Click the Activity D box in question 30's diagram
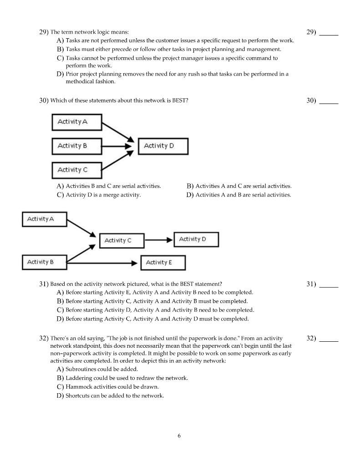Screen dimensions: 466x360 [x=163, y=146]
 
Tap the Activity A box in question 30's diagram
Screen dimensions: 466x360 [x=76, y=122]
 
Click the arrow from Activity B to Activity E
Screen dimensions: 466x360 [x=102, y=263]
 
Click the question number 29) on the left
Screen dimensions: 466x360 [x=44, y=32]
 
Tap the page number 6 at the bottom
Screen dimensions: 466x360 [x=179, y=436]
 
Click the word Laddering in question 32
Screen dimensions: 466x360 [x=78, y=378]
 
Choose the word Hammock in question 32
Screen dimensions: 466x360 [x=78, y=387]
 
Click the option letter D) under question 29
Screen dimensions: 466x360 [x=60, y=74]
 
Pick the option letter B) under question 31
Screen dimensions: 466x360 [x=60, y=301]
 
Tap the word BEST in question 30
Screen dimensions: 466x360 [x=179, y=101]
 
